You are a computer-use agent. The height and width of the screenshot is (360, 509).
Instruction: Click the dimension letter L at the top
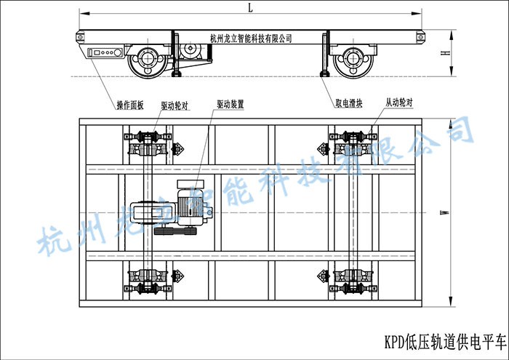click(x=250, y=7)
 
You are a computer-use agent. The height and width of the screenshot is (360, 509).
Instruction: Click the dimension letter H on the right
click(x=446, y=52)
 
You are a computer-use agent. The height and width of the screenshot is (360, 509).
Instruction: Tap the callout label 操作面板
click(x=130, y=105)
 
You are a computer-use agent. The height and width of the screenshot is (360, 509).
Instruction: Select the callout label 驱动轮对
click(x=175, y=105)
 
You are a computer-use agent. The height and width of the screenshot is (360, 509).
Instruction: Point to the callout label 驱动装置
click(x=231, y=104)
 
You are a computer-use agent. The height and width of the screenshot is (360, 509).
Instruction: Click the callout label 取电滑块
click(x=349, y=103)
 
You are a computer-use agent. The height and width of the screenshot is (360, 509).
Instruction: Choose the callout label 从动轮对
click(x=399, y=103)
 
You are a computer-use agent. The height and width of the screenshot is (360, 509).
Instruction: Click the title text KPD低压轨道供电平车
click(x=445, y=342)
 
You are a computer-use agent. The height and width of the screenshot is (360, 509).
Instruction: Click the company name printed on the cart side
click(x=251, y=39)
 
